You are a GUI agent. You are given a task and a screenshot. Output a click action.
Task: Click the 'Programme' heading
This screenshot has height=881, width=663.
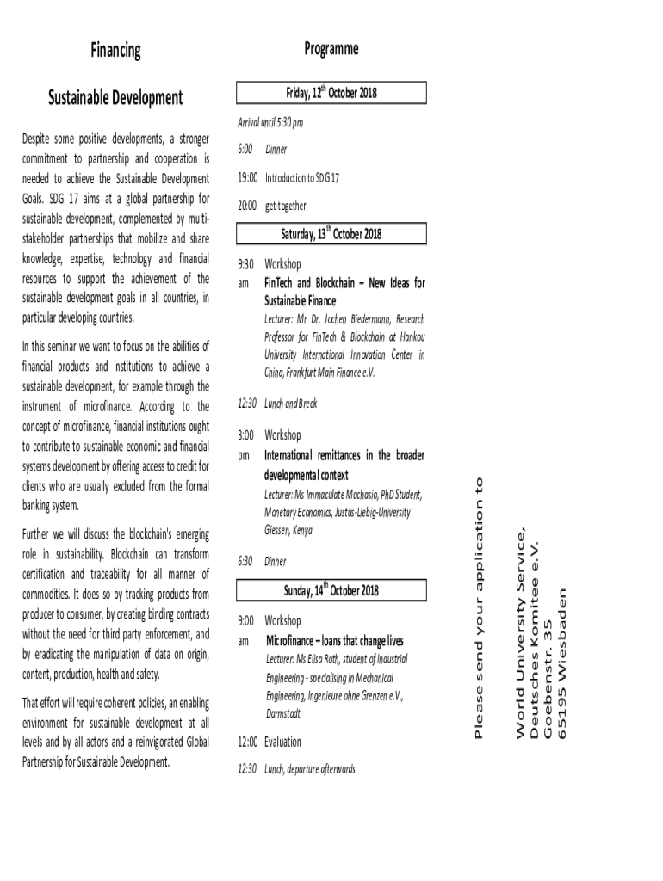[331, 50]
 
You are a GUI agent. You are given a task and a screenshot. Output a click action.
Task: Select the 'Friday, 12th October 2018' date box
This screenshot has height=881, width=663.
[331, 93]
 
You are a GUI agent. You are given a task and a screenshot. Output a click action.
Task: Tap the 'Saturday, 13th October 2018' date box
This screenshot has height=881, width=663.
[331, 234]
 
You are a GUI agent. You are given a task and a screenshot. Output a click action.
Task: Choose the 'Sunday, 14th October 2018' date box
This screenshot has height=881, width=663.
[331, 591]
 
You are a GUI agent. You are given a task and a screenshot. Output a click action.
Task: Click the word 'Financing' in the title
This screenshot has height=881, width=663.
[115, 51]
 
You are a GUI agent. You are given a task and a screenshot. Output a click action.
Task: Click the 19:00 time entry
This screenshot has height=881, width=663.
[247, 178]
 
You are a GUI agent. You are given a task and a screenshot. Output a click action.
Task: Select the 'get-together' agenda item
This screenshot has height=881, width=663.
[285, 206]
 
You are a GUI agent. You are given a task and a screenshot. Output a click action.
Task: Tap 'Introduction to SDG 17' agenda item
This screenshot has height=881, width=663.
[301, 178]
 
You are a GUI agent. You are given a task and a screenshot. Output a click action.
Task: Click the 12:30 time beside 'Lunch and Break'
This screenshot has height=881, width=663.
[246, 404]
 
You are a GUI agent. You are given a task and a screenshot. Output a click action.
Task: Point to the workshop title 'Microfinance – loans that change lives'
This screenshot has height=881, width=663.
[335, 641]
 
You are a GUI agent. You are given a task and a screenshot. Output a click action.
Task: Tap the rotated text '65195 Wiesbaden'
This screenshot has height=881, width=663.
[563, 662]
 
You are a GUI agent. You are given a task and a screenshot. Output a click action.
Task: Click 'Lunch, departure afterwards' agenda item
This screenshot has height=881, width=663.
[309, 769]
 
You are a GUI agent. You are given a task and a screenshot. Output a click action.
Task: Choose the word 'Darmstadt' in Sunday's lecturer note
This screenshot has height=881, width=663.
[283, 713]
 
